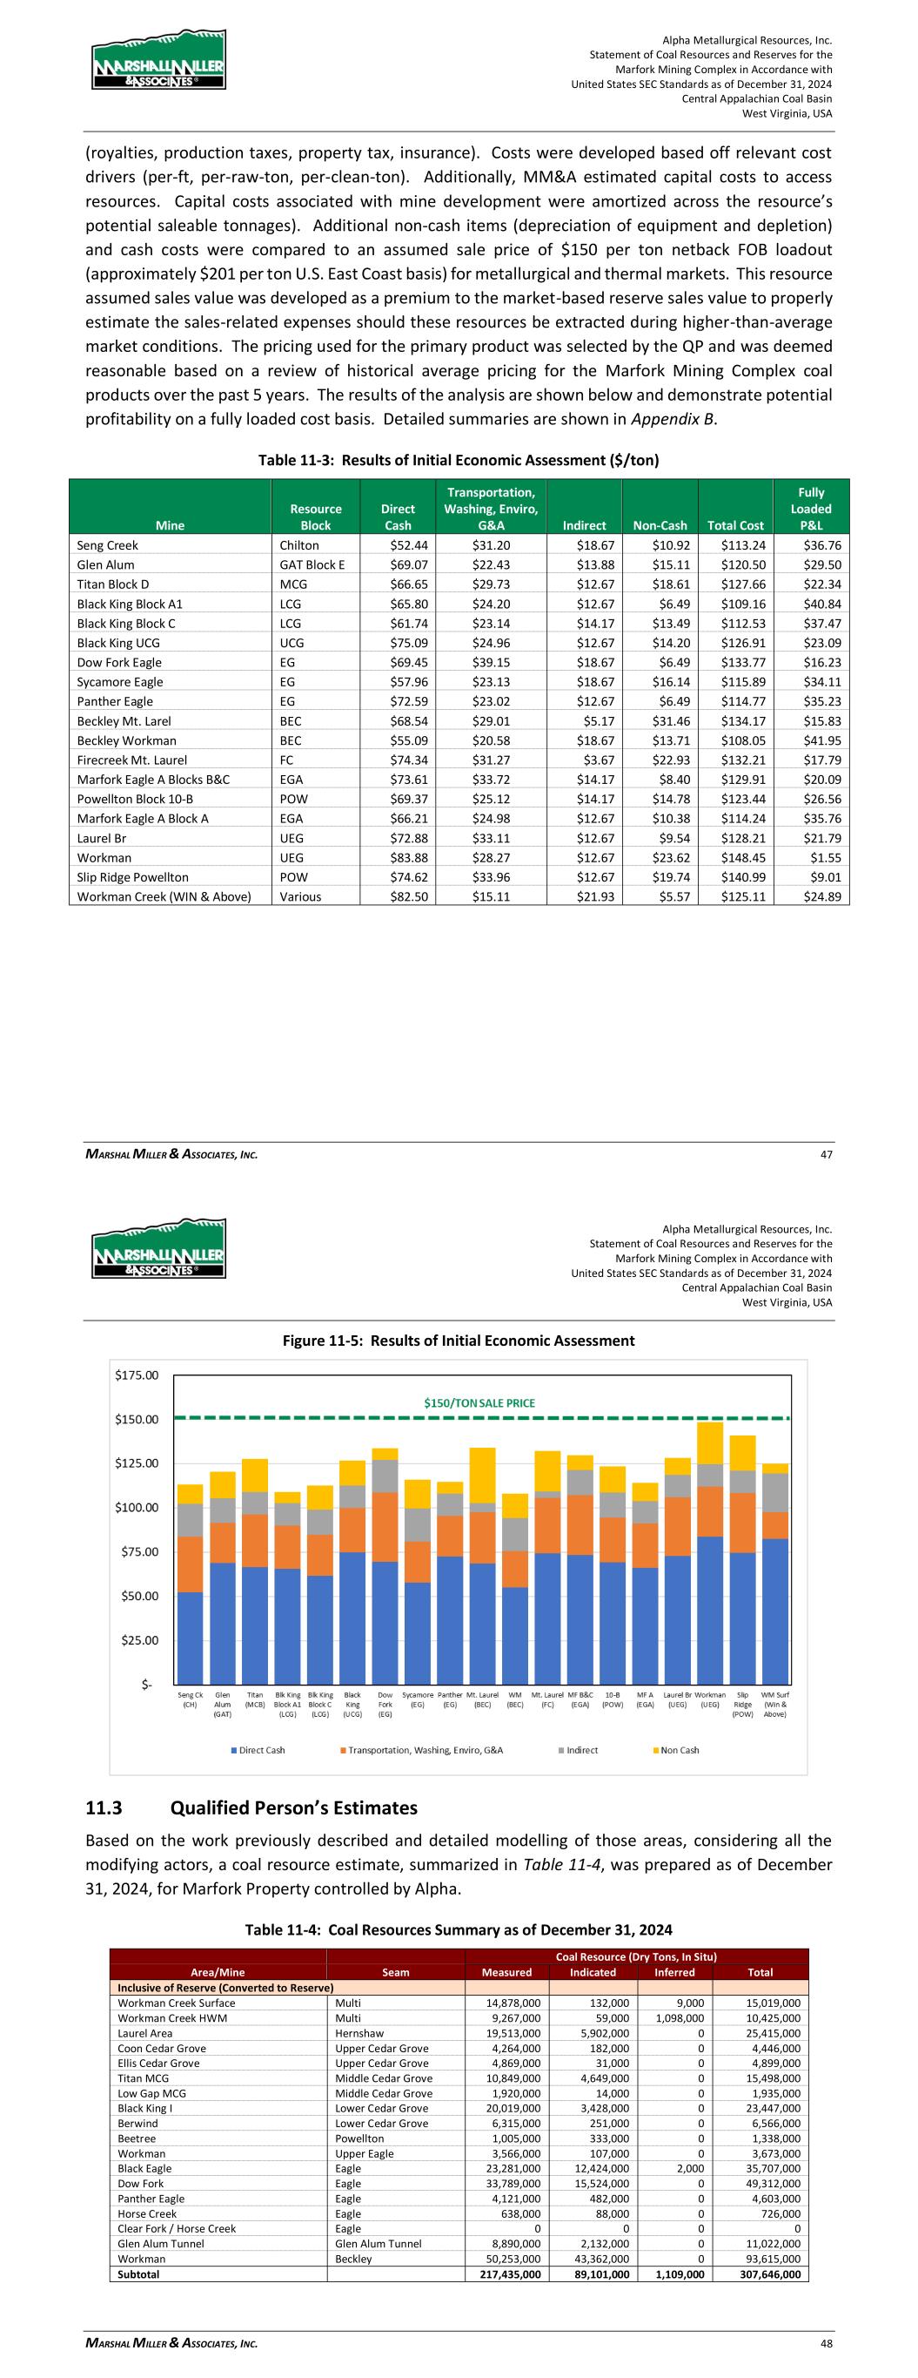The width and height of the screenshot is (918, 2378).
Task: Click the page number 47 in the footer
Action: click(x=826, y=1153)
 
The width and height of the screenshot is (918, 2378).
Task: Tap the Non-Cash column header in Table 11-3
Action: click(x=660, y=525)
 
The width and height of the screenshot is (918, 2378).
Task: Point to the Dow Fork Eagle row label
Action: click(x=119, y=662)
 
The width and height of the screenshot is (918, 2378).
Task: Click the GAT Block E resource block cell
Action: click(x=312, y=564)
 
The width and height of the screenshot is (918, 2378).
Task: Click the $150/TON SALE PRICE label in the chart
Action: click(x=479, y=1402)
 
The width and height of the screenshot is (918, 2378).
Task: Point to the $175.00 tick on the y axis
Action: click(x=137, y=1375)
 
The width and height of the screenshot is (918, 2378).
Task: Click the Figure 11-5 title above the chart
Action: click(x=459, y=1340)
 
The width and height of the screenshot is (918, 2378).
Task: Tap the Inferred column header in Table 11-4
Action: click(x=674, y=1972)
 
